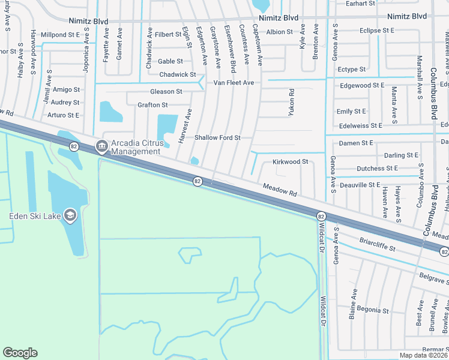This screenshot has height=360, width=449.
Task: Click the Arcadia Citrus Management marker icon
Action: [101, 145]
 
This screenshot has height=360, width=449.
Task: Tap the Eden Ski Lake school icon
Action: [70, 215]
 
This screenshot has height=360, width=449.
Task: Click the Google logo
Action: [20, 353]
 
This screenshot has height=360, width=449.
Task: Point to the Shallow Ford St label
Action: [217, 138]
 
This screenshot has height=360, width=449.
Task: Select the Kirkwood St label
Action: [290, 162]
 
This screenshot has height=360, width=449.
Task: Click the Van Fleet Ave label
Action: [234, 82]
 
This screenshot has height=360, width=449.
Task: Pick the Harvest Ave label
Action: [185, 126]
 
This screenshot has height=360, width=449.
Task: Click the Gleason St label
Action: [166, 92]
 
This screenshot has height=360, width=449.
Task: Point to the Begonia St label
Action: [373, 310]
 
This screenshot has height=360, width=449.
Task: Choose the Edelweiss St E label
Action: [360, 126]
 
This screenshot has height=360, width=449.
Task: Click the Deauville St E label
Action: [360, 185]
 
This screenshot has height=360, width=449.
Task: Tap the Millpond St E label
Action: [60, 35]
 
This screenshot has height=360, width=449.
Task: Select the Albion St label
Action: [279, 32]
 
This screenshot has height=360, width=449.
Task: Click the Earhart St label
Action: [361, 4]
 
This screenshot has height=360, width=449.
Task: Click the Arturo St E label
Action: [64, 115]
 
